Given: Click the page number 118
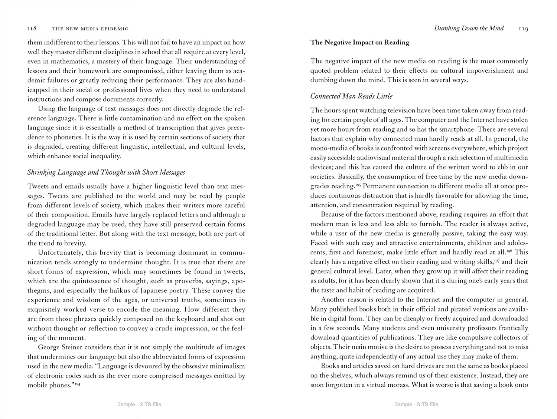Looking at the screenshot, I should [32, 29].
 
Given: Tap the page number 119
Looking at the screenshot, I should [524, 29].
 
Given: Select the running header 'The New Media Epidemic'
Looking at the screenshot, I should [90, 29].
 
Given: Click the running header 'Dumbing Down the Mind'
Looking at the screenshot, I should [469, 28].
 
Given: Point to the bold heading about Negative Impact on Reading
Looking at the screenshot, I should [359, 42].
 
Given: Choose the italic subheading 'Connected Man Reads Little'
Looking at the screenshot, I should [351, 96].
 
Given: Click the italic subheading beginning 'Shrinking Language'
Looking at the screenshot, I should [106, 172].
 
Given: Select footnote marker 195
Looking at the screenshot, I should [358, 185].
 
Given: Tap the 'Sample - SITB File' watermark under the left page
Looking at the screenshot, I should [139, 404].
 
